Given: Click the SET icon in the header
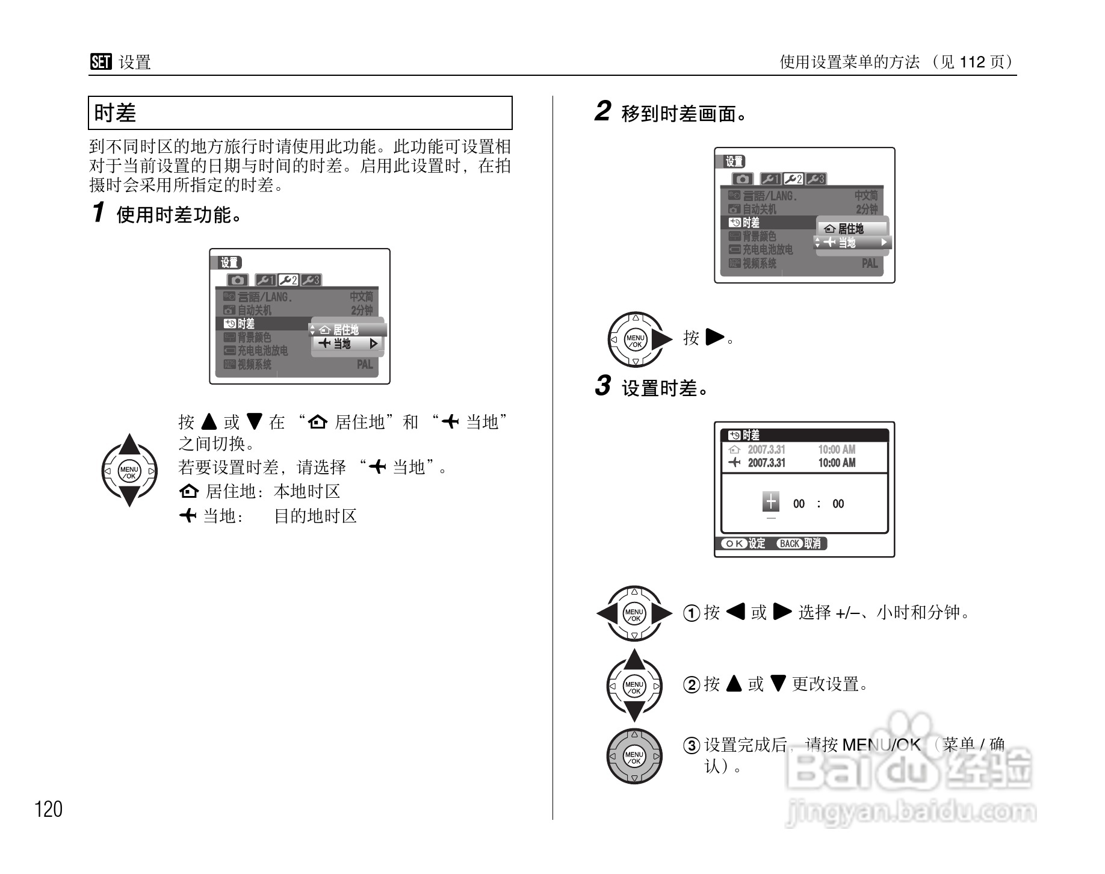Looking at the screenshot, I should pyautogui.click(x=101, y=62).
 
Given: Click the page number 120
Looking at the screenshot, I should pyautogui.click(x=48, y=809).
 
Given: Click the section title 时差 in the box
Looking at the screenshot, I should pyautogui.click(x=116, y=113).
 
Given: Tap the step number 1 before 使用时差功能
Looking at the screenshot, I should pyautogui.click(x=99, y=212).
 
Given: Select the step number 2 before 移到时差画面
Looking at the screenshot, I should pyautogui.click(x=602, y=111).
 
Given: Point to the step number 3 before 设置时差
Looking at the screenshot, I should pyautogui.click(x=602, y=386).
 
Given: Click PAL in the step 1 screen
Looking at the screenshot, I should pyautogui.click(x=365, y=365).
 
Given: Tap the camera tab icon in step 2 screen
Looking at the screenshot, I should pyautogui.click(x=743, y=179).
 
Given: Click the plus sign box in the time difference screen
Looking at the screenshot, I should pyautogui.click(x=771, y=501).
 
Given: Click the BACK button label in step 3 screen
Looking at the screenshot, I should pyautogui.click(x=789, y=544).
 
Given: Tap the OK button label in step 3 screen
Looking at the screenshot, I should pyautogui.click(x=734, y=544).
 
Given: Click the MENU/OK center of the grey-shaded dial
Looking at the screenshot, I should pyautogui.click(x=634, y=757).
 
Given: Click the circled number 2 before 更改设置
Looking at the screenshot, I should pyautogui.click(x=692, y=684).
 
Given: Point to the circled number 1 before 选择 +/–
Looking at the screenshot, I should pyautogui.click(x=692, y=613).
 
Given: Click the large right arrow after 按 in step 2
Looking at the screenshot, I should pyautogui.click(x=714, y=337).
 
